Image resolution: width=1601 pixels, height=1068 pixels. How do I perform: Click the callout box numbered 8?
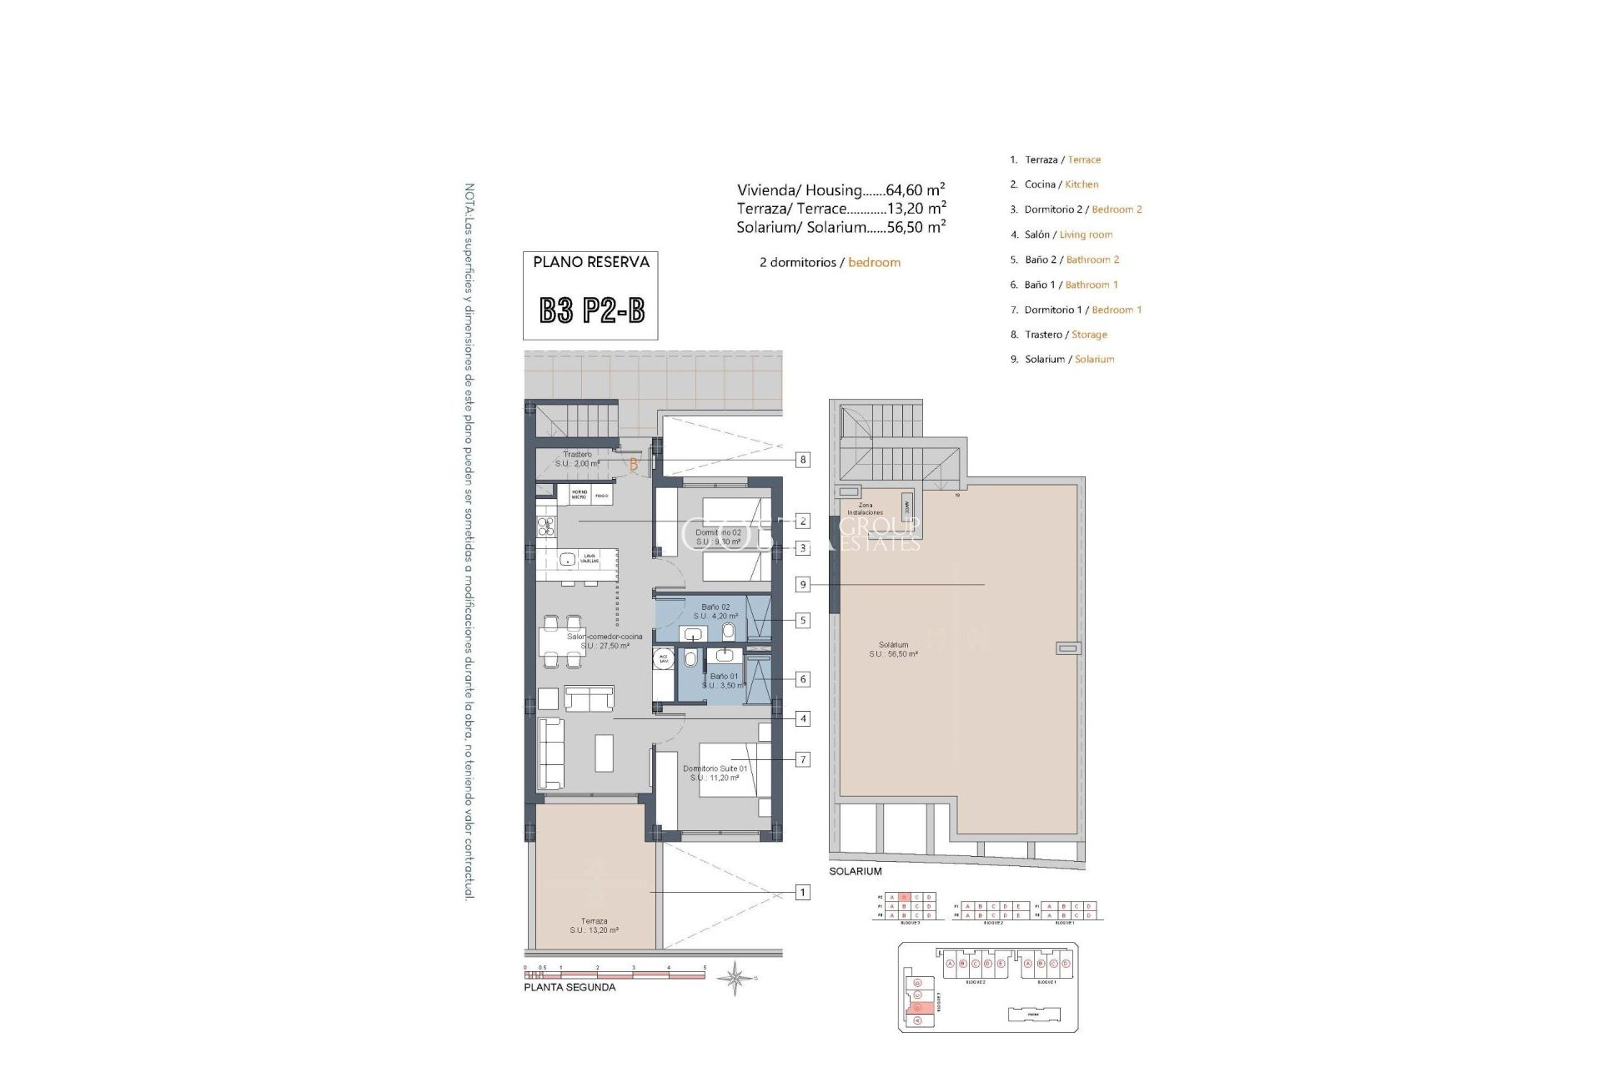802,460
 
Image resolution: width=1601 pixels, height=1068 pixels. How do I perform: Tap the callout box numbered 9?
802,585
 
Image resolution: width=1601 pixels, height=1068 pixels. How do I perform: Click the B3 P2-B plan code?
591,311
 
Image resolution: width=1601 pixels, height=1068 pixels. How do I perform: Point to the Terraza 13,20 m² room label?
595,925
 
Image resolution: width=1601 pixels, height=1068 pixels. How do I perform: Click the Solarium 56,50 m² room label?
893,649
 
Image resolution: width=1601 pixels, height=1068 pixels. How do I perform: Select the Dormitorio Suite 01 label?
715,773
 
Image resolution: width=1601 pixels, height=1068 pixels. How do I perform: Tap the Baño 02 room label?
715,612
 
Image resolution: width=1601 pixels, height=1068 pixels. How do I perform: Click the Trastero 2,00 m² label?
577,459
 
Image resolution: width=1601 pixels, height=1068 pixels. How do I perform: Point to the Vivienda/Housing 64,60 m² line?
841,190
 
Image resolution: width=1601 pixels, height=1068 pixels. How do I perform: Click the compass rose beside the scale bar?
735,978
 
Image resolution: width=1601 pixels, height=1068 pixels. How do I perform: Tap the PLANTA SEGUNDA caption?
570,987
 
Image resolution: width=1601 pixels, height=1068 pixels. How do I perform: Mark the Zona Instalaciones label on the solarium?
865,509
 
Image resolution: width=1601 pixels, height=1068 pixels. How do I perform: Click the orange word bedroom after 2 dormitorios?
874,262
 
